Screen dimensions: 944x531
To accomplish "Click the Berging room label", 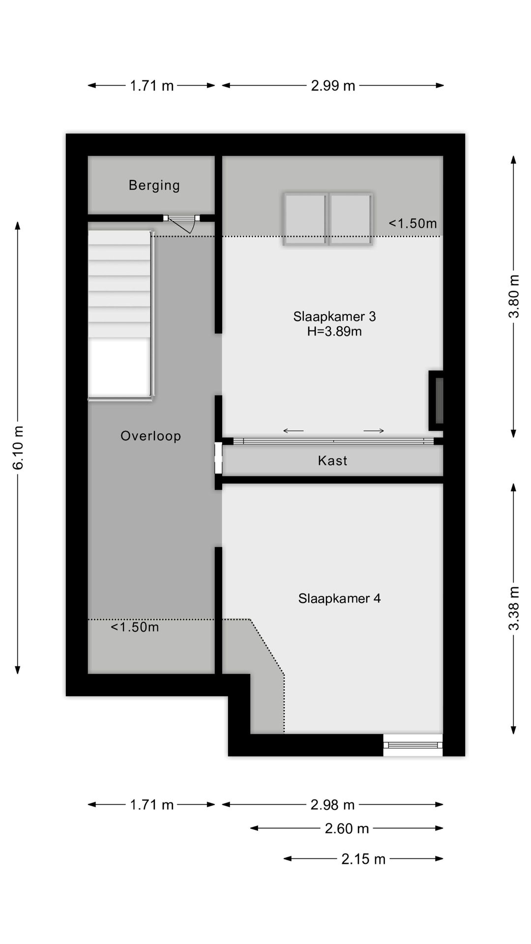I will [154, 185].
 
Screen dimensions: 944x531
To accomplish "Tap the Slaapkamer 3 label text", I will [334, 317].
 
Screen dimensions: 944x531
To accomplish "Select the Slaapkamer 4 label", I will [339, 598].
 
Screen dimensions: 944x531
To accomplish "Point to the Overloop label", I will [150, 436].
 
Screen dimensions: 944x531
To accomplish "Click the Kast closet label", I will [332, 461].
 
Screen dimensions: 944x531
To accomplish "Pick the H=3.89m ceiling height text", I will [334, 332].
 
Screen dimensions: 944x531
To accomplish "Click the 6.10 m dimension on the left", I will [18, 447].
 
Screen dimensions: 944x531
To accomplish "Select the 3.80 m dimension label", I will [514, 296].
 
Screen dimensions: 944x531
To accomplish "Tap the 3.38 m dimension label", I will [514, 608].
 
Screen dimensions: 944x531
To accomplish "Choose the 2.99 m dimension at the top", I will [333, 86].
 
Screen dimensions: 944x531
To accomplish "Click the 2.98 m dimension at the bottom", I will [332, 805].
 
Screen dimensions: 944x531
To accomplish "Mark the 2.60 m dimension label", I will [347, 828].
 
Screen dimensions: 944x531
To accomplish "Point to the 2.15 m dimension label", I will [363, 859].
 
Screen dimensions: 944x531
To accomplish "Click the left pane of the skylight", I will [305, 219].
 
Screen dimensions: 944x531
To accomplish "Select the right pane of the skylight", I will [350, 219].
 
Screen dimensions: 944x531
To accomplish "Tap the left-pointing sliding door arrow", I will [294, 431].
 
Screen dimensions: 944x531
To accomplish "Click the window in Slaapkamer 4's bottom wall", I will [413, 745].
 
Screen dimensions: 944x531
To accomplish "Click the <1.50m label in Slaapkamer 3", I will [413, 224].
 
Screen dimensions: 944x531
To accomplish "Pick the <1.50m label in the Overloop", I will [135, 627].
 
